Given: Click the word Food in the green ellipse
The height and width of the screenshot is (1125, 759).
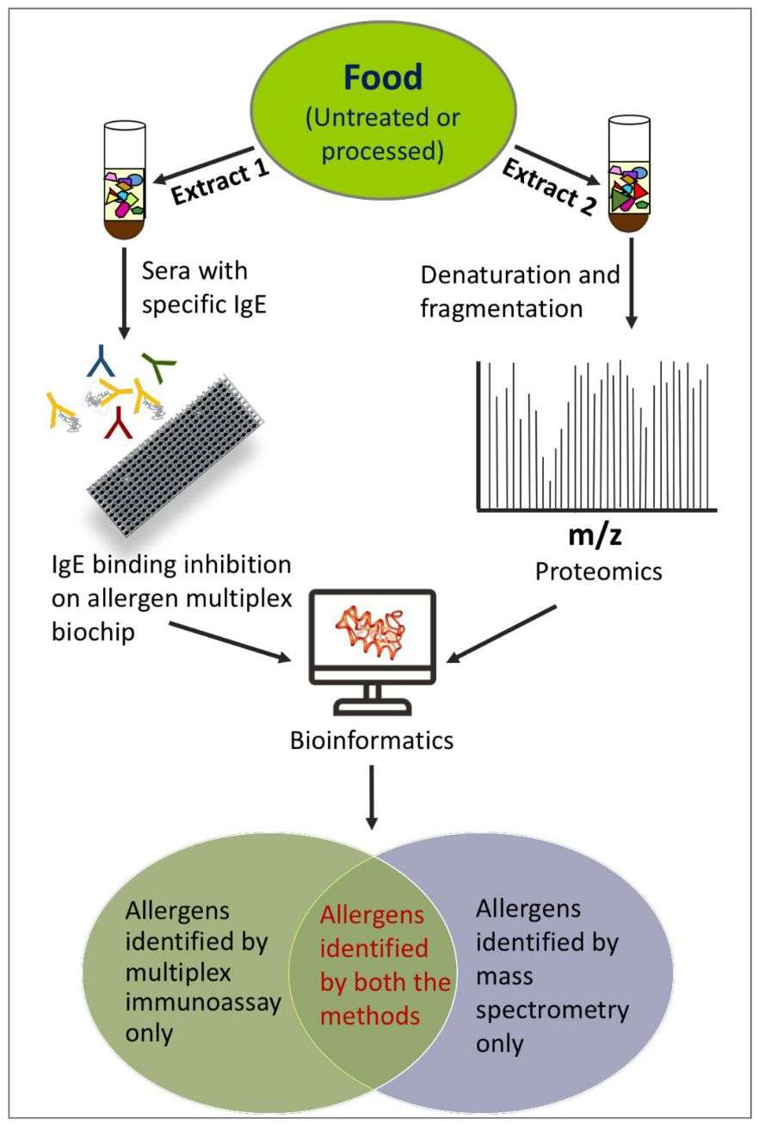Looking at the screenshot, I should [383, 77].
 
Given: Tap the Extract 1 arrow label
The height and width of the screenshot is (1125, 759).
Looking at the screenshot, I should [220, 181].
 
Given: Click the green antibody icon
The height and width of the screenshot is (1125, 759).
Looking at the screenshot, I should [157, 368].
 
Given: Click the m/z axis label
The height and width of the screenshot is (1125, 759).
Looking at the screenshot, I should [595, 536].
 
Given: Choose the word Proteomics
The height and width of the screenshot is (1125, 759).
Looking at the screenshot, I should [599, 571].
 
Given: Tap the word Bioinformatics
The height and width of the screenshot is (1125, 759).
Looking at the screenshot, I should [372, 739].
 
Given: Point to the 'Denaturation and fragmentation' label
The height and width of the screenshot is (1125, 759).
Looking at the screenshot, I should [520, 291].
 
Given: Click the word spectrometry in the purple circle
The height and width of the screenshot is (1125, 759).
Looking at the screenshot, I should [552, 1009].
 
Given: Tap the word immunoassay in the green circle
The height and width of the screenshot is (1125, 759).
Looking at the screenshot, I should [203, 1004].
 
